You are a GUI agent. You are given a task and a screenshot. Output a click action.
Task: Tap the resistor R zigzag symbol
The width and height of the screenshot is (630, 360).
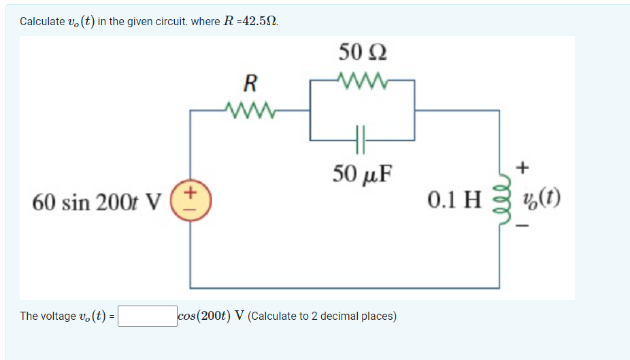[x=250, y=109]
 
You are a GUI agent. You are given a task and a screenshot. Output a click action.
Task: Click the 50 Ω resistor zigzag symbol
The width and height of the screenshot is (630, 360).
[x=362, y=82]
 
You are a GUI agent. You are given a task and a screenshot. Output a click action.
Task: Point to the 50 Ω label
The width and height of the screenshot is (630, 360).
[x=363, y=52]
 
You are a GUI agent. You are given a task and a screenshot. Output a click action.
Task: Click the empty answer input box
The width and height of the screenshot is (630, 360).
[x=147, y=316]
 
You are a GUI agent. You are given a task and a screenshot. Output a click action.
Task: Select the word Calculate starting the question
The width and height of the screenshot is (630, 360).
[x=42, y=21]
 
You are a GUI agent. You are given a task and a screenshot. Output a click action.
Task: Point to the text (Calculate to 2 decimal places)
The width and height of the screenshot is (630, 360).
[x=322, y=316]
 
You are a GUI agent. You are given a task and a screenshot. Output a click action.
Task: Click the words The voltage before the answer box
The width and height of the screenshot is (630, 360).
[x=48, y=316]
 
